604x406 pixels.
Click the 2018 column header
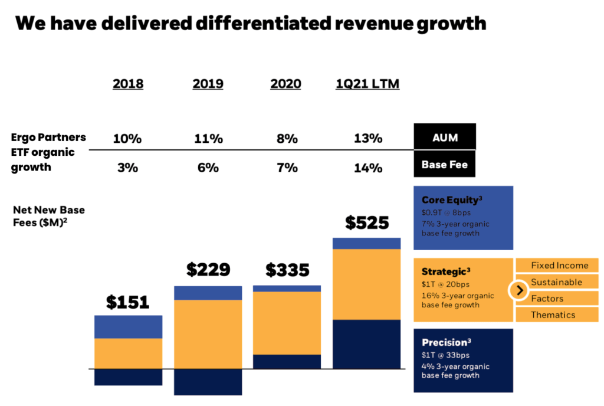pos(128,84)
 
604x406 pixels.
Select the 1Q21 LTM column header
pos(367,84)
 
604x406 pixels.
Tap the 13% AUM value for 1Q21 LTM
pos(367,139)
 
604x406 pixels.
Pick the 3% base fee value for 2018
pos(128,168)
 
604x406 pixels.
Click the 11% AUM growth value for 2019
pos(208,139)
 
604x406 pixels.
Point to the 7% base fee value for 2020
pos(287,168)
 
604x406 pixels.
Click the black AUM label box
pos(445,137)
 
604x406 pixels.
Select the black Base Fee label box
pos(445,165)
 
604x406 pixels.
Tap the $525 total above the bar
pos(367,222)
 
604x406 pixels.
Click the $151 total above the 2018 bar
pos(128,302)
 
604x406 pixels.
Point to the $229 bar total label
pos(208,270)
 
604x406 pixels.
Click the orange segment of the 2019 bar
pos(208,334)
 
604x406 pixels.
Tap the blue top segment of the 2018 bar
pos(128,326)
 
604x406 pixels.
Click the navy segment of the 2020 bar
pos(287,361)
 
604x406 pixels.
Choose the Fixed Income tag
pos(559,266)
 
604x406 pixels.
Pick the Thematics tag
pos(553,315)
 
